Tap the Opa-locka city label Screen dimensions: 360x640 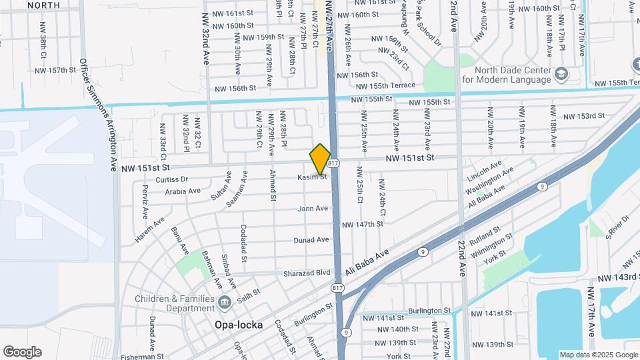tap(238, 325)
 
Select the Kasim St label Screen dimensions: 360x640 tap(311, 177)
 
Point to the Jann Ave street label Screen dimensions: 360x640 tap(313, 209)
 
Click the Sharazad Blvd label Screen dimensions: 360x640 tap(309, 272)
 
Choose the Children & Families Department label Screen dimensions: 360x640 tap(176, 303)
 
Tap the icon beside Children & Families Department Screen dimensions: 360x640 tap(225, 303)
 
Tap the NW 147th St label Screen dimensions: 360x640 tap(363, 225)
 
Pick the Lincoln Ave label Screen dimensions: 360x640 tap(485, 173)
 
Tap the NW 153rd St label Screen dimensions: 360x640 tap(583, 116)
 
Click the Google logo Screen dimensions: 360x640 tap(21, 352)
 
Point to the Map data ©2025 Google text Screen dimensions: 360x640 tap(597, 355)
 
